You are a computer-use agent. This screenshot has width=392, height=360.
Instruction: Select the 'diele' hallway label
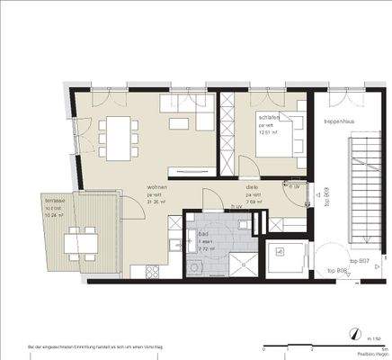click(253, 188)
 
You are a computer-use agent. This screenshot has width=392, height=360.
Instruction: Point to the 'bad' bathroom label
click(202, 232)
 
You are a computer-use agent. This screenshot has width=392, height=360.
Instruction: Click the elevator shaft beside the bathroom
click(290, 254)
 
